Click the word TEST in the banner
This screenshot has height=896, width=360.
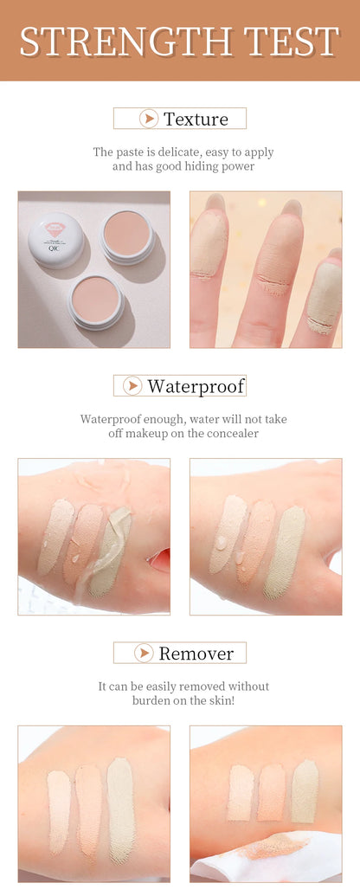coord(292,42)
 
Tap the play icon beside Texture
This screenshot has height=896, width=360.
coord(149,119)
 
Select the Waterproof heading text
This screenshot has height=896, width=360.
coord(196,386)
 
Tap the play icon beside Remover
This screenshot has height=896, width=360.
coord(144,653)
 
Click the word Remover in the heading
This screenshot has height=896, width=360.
coord(196,653)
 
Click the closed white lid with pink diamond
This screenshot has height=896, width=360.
coord(56,240)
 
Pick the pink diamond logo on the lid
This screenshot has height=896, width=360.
coord(55,229)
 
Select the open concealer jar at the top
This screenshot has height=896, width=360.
coord(127,236)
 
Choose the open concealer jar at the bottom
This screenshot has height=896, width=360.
coord(96,302)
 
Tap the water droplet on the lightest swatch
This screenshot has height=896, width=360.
coord(221,542)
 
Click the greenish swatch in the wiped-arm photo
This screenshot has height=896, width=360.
coord(305,791)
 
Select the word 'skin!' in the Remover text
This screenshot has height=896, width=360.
coord(220,700)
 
